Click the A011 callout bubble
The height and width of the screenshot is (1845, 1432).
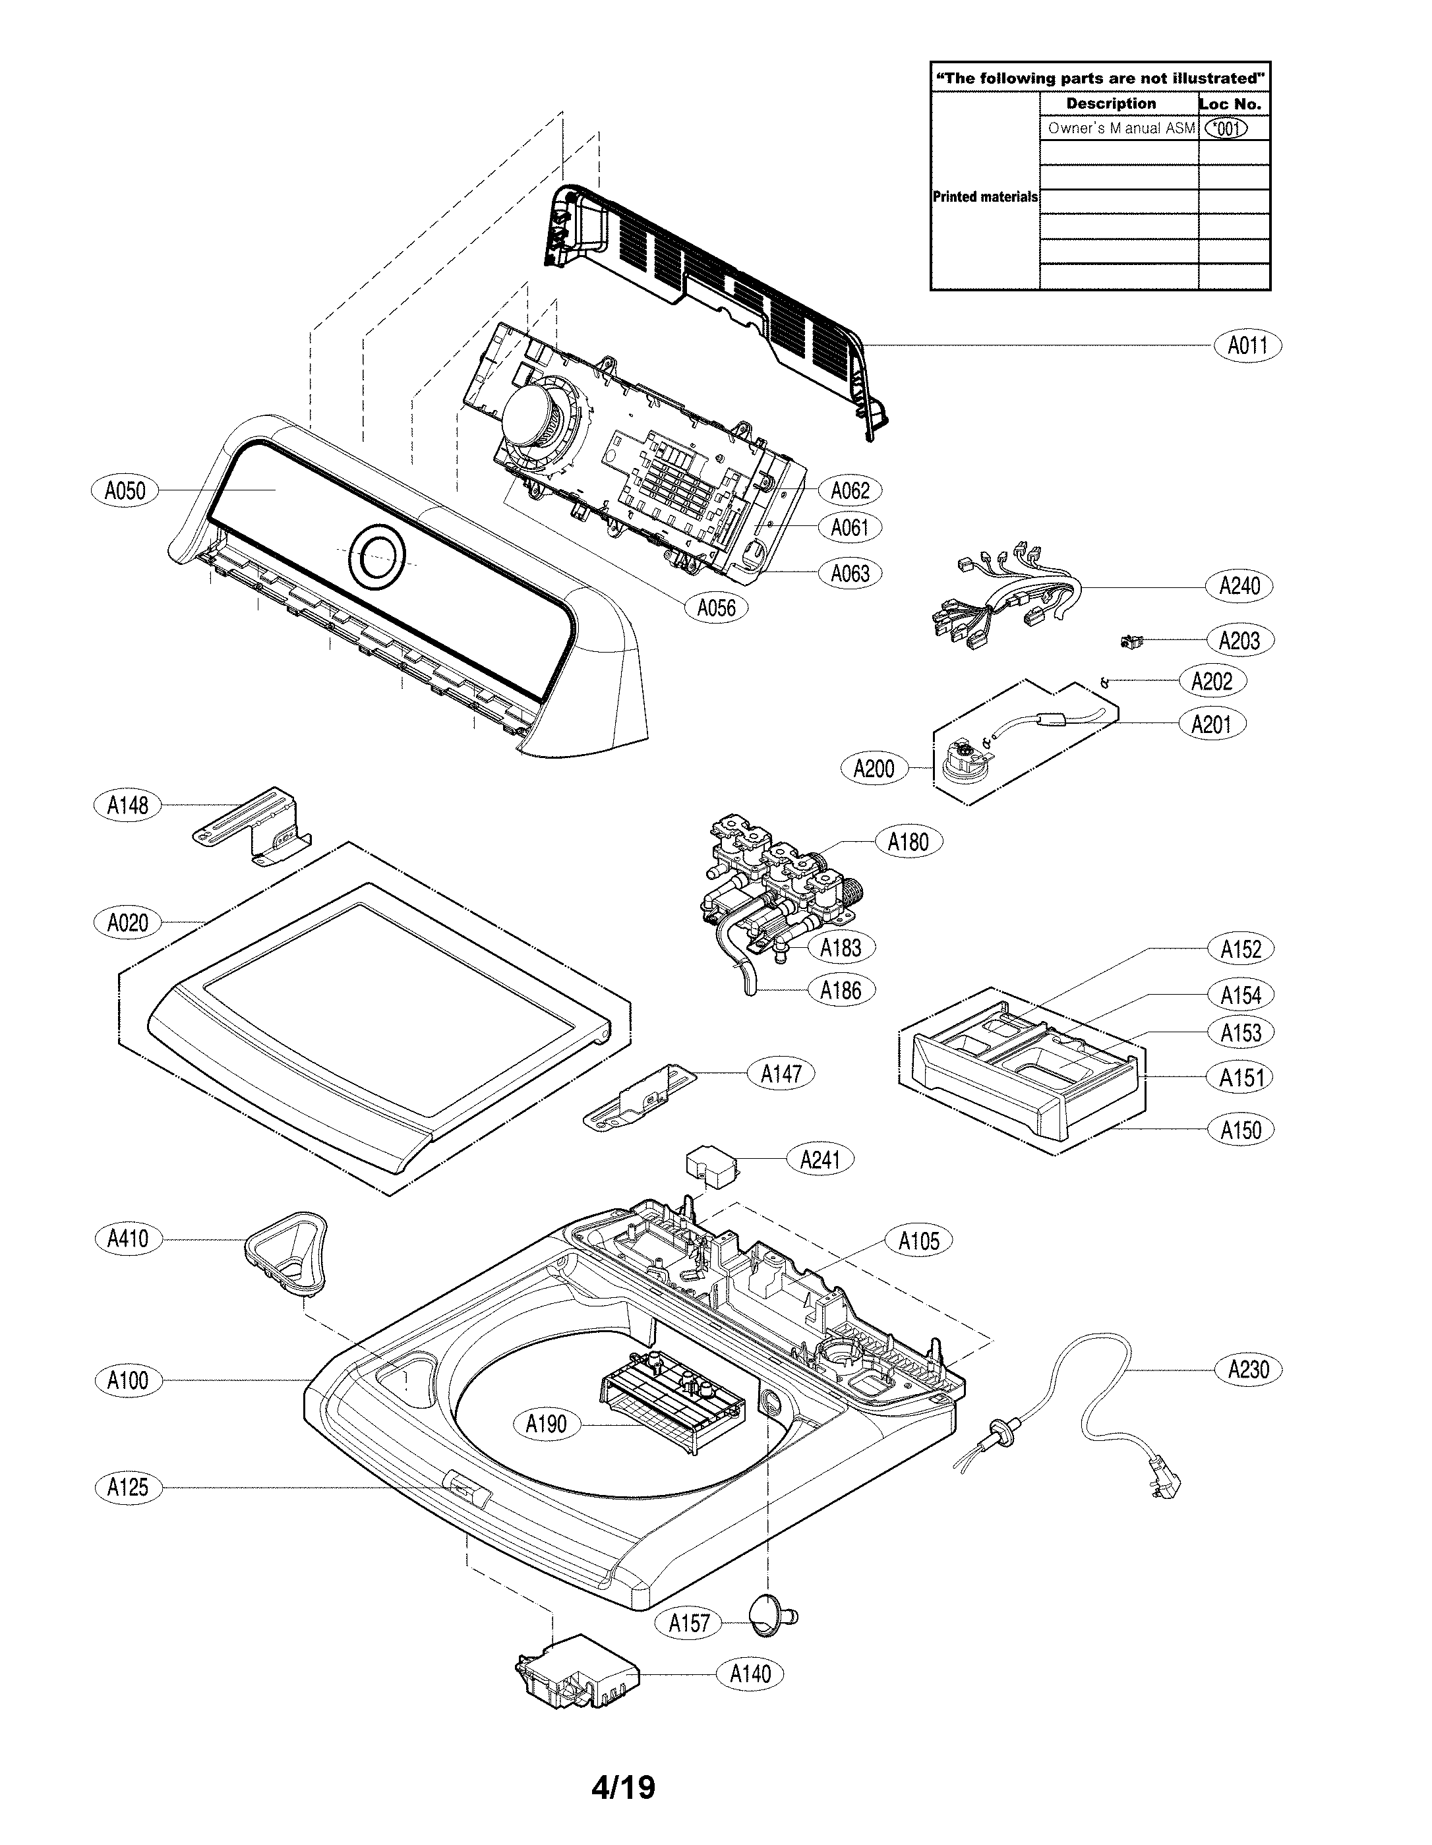coord(1247,345)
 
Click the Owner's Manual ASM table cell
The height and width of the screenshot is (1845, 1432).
coord(1119,129)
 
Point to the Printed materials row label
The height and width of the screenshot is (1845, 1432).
coord(984,197)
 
